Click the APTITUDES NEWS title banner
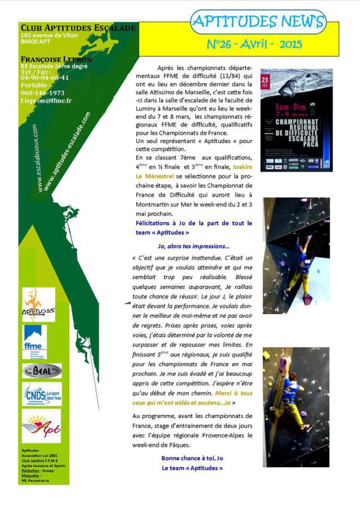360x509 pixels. point(257,22)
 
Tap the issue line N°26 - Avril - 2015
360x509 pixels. point(254,44)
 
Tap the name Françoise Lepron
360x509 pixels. point(56,59)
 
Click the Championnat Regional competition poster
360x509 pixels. point(296,120)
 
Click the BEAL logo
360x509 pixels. point(41,371)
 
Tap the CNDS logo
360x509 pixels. point(42,394)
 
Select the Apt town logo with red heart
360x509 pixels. point(41,426)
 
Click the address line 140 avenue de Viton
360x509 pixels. point(49,35)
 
